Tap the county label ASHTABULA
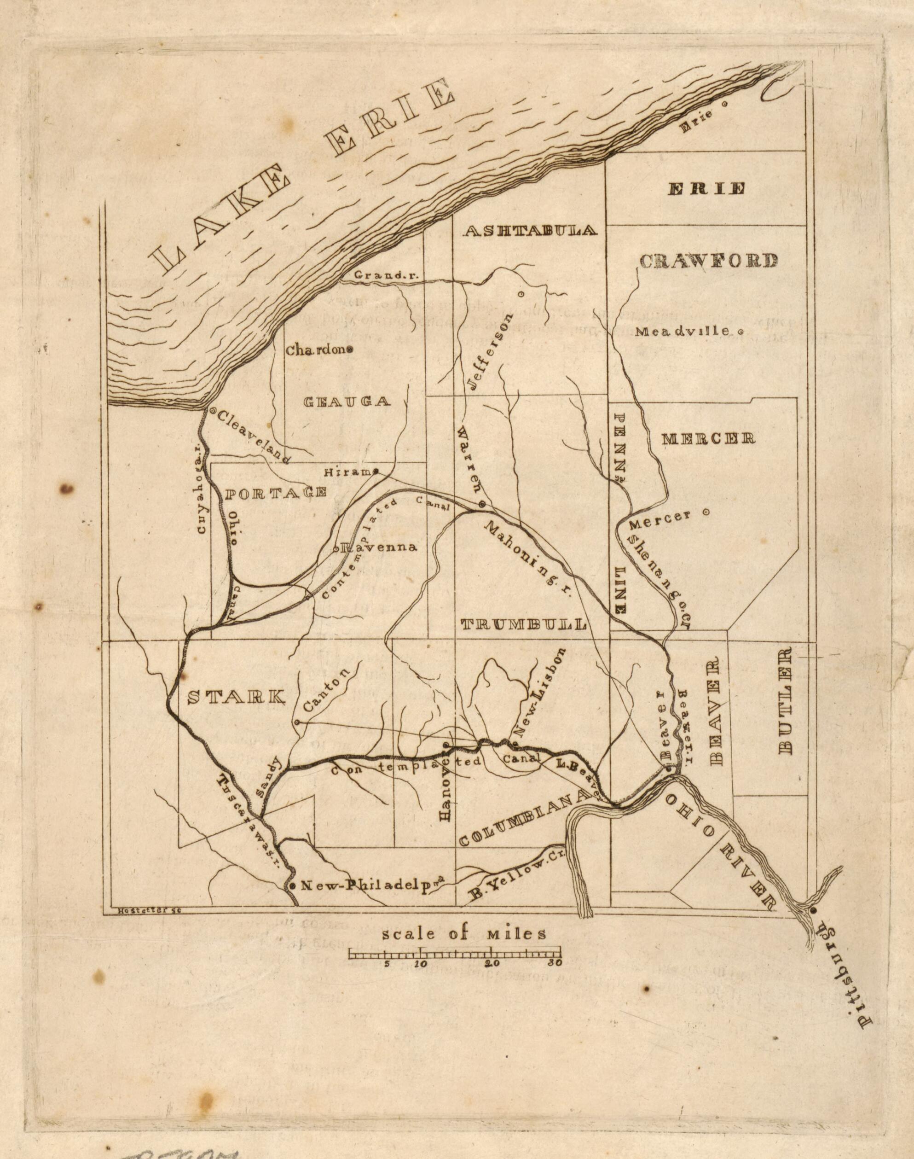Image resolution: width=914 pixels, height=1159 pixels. [530, 231]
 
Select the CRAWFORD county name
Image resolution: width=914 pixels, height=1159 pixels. [708, 261]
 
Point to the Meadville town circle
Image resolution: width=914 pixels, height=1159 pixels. [740, 332]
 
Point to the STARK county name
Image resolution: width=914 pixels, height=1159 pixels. [236, 697]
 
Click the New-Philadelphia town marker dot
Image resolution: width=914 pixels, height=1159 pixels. [292, 886]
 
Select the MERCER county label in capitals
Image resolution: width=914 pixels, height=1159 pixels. [708, 439]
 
